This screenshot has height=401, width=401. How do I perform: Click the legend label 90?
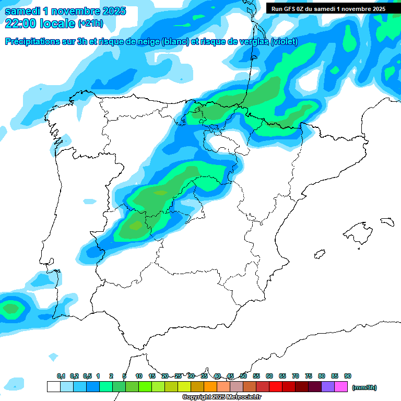click(348, 376)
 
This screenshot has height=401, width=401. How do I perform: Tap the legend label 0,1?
click(61, 376)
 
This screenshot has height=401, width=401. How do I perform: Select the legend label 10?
click(139, 376)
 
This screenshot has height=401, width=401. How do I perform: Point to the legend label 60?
click(269, 376)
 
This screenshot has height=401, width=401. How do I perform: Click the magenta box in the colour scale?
click(341, 386)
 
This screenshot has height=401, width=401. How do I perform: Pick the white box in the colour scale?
click(53, 386)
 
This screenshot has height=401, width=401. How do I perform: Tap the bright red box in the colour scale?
click(276, 386)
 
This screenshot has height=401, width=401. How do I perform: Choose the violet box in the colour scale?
click(328, 386)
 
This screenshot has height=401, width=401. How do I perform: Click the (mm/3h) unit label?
click(364, 387)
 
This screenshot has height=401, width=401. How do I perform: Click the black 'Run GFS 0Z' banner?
click(328, 9)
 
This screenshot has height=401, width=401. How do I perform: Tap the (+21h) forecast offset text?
click(90, 24)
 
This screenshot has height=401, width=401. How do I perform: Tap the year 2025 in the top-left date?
click(111, 11)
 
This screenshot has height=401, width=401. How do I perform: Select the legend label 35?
click(204, 376)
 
